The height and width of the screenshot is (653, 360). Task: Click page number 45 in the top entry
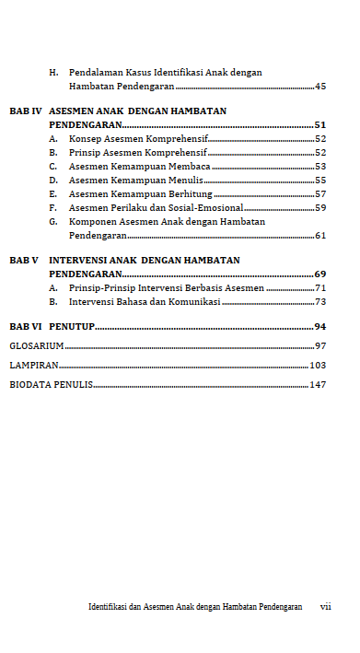click(320, 87)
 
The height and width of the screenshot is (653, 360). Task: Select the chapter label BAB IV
click(26, 111)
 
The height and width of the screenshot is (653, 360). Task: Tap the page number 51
click(320, 124)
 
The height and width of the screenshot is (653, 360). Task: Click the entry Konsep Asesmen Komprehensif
click(138, 138)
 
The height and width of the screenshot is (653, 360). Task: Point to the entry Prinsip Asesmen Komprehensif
click(137, 152)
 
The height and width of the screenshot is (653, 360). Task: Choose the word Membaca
click(190, 167)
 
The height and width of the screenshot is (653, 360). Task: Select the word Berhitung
click(191, 194)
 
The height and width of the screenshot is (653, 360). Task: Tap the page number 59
click(320, 208)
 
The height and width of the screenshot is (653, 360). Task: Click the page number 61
click(320, 236)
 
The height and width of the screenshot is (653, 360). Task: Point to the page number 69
click(320, 274)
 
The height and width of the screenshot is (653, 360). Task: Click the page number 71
click(320, 288)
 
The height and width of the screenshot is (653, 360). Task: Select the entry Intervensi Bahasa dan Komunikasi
click(145, 302)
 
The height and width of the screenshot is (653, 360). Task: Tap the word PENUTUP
click(72, 327)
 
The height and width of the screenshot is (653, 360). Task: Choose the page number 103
click(318, 366)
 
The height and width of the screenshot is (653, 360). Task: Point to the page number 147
click(318, 385)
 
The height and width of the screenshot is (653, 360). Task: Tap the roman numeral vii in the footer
click(325, 608)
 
